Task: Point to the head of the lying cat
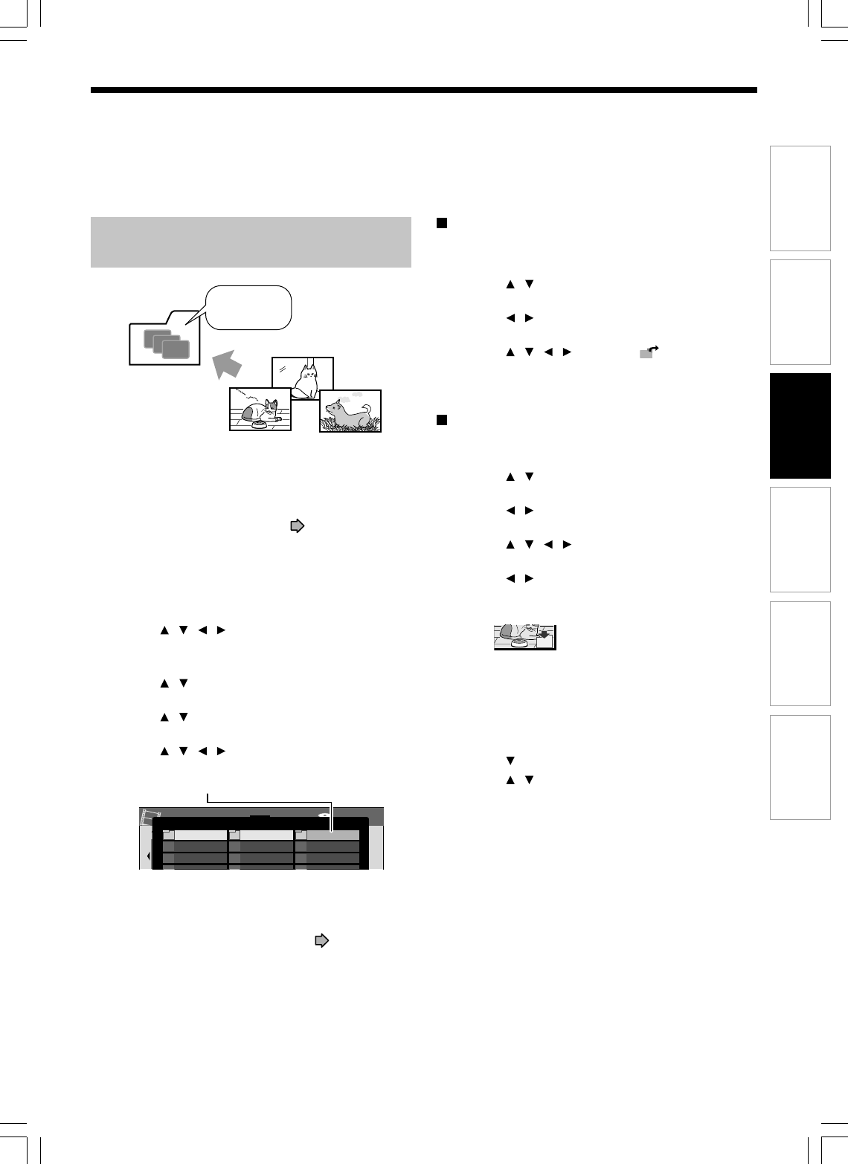click(269, 407)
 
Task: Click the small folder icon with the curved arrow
click(648, 354)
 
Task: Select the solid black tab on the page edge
click(800, 426)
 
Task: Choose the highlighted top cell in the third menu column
click(333, 835)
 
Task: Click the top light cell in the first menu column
click(195, 835)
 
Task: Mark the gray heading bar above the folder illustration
click(251, 242)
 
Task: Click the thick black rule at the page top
click(423, 90)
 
